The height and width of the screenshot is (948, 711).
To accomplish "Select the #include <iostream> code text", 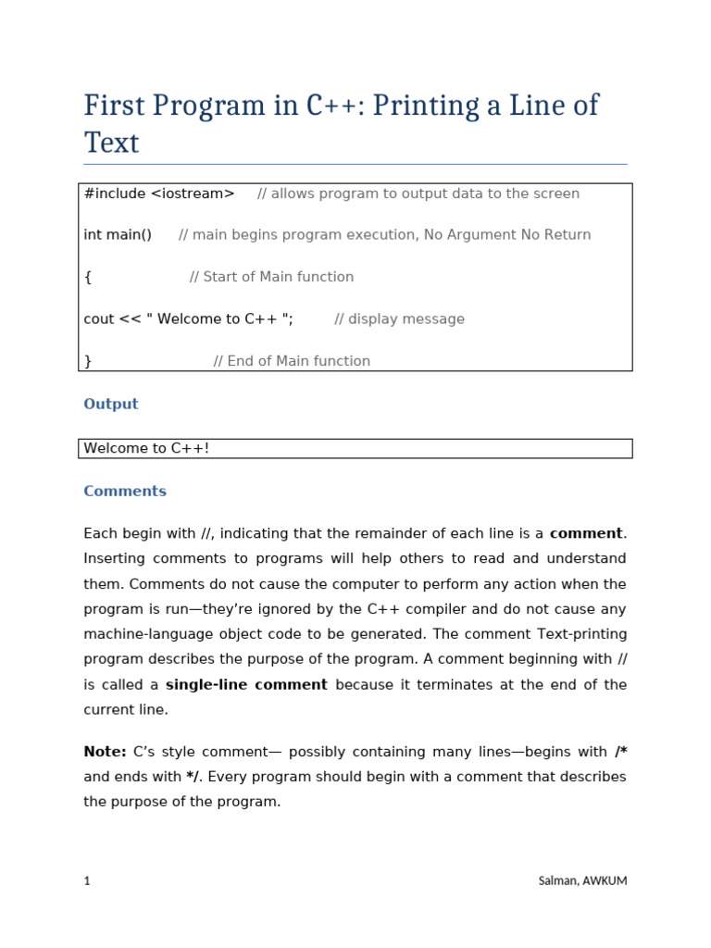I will point(159,193).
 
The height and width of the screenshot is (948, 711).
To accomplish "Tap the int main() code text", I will point(118,235).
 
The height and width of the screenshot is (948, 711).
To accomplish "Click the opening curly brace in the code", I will point(88,277).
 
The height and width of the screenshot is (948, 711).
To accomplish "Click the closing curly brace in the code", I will point(88,361).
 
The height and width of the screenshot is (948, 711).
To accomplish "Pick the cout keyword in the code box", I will point(99,319).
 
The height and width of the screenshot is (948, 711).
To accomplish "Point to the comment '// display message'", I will point(399,319).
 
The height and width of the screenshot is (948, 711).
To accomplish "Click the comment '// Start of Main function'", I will point(271,277).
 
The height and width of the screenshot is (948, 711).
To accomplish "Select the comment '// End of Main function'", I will point(292,361).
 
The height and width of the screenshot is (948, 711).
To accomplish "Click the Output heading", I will point(111,405).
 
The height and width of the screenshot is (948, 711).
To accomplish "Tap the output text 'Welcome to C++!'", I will point(146,449).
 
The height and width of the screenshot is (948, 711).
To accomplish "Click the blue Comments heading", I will point(125,492).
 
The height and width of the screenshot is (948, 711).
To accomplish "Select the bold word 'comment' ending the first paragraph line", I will point(587,534).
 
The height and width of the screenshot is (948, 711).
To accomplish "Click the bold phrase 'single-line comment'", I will point(246,685).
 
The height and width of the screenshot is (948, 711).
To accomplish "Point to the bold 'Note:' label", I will point(105,752).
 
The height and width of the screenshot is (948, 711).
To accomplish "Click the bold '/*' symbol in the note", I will point(620,752).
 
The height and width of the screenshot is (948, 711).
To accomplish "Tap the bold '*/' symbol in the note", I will point(192,777).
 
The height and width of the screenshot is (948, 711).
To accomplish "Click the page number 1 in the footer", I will point(87,881).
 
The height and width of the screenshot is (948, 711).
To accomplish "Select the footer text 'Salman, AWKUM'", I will point(582,881).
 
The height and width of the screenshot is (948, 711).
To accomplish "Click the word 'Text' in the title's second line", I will point(111,143).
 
